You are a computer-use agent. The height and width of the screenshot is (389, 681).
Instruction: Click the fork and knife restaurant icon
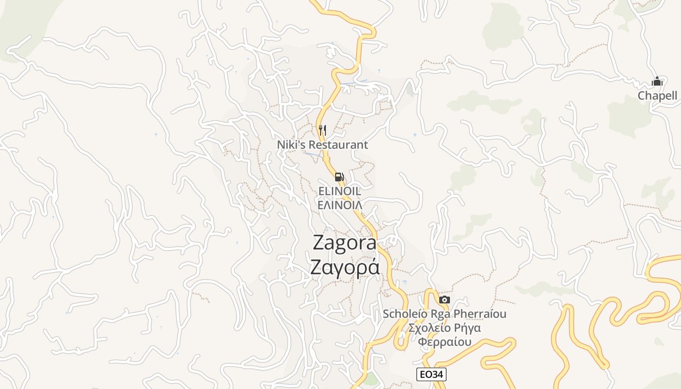pos(323,130)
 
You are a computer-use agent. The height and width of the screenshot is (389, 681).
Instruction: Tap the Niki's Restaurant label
pos(323,145)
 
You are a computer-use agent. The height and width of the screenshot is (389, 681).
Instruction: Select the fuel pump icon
pos(340,177)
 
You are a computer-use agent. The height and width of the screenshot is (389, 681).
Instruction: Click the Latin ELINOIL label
pos(340,191)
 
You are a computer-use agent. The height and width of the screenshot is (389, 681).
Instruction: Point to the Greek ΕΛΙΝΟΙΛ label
pos(340,205)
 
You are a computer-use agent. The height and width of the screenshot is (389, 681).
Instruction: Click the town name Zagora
pos(344,243)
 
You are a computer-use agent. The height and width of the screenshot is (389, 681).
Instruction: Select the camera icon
pos(444,300)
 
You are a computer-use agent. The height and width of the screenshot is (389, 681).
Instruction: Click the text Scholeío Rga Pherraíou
pos(444,314)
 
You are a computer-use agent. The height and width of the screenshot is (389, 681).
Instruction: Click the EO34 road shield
pos(431,374)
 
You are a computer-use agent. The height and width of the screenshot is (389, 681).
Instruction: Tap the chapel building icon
pos(657,81)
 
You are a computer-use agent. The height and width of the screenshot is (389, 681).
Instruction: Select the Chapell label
pos(657,95)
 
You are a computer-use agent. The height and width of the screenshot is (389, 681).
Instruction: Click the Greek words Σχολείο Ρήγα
pos(445,328)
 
